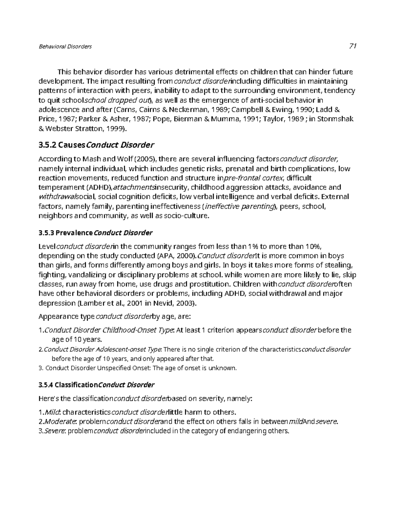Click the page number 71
pos(353,46)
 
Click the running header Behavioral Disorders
pos(65,46)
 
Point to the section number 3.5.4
pos(46,385)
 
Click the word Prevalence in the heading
pos(74,233)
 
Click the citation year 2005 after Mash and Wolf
pos(145,159)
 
